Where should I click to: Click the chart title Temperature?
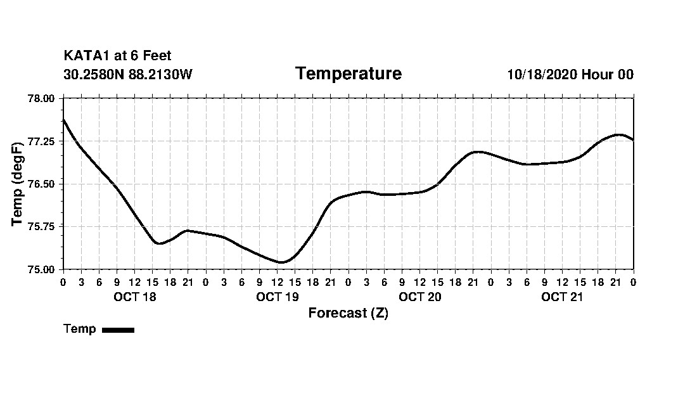click(348, 74)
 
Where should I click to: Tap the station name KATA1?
click(86, 56)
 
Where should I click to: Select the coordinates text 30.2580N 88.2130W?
click(127, 75)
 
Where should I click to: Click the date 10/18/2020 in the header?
click(542, 75)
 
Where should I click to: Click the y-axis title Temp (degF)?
click(18, 184)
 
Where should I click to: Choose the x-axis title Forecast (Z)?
click(348, 313)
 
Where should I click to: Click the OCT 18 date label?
click(134, 297)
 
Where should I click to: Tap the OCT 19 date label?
click(277, 297)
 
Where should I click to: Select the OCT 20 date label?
click(419, 297)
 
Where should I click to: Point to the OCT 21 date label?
click(562, 297)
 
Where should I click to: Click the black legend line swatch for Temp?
click(118, 330)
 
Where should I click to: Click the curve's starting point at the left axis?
click(64, 120)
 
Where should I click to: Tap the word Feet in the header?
click(157, 56)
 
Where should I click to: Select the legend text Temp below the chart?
click(80, 329)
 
